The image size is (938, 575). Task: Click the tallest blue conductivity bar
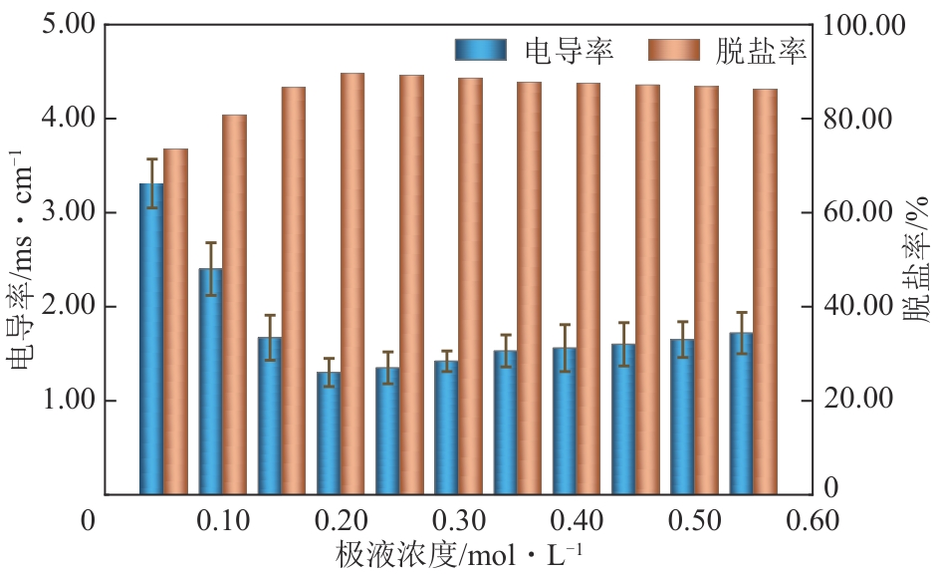coord(151,339)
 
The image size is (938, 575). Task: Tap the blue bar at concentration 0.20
coord(328,432)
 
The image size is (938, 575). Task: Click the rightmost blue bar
coord(740,413)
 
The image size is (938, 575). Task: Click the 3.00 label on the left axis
coord(69,213)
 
